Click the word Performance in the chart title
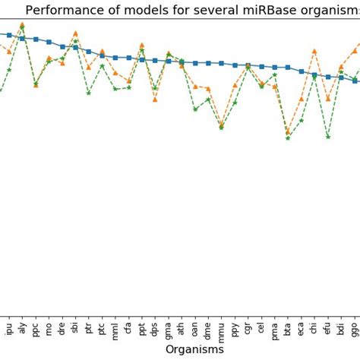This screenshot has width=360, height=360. [61, 10]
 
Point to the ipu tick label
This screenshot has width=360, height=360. [9, 327]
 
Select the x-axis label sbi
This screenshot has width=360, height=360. [75, 327]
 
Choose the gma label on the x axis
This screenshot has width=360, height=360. [168, 329]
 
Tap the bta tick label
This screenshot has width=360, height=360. [288, 327]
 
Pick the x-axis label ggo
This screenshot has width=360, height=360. [355, 329]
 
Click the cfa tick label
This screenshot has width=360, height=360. [128, 327]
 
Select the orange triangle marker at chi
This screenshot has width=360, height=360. [314, 51]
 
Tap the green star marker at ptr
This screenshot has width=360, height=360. [89, 93]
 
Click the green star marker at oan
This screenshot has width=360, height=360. [195, 109]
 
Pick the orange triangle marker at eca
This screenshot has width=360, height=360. [302, 99]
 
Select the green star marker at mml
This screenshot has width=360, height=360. [115, 89]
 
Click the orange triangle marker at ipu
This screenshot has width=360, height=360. [9, 52]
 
